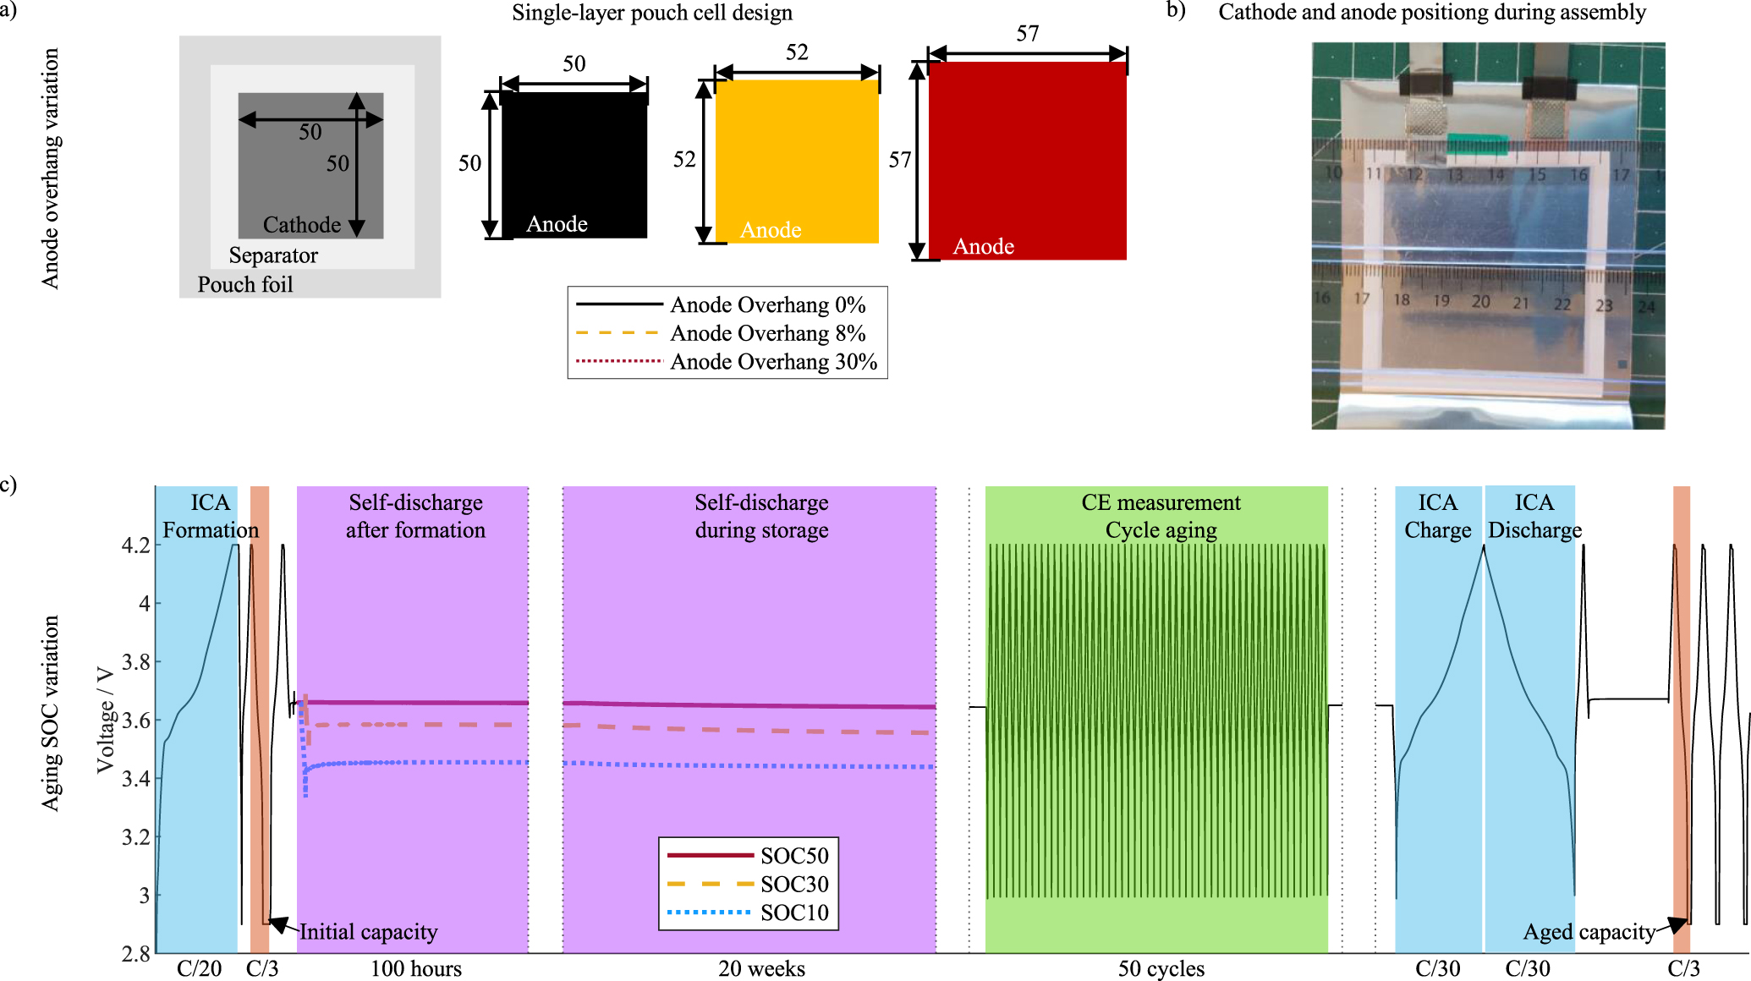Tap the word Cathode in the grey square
coord(301,225)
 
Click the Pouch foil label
coord(245,284)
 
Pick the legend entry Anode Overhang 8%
coord(767,333)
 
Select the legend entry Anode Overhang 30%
coord(773,362)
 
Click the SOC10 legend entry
coord(793,912)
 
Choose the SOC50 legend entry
coord(793,856)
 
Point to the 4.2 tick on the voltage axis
coord(136,545)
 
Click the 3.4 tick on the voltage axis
coord(136,779)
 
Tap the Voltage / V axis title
coord(105,720)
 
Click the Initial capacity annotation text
coord(368,932)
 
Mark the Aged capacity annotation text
coord(1589,932)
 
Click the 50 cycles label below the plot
coord(1161,968)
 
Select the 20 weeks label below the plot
coord(761,968)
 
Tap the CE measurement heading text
coord(1161,502)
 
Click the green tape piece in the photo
coord(1477,142)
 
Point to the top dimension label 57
coord(1027,34)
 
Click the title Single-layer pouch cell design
coord(652,13)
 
